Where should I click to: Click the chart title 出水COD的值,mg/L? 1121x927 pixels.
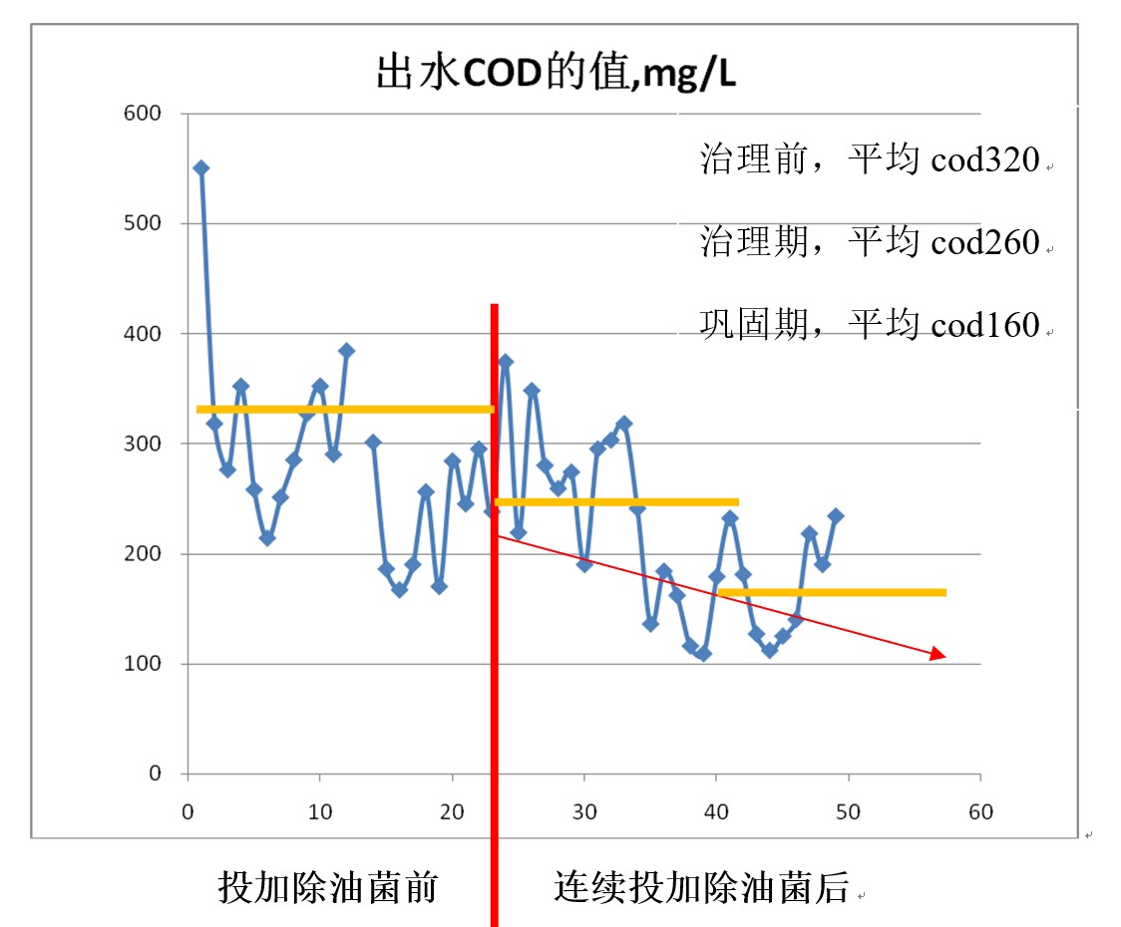click(x=556, y=74)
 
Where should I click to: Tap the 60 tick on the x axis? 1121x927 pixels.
click(x=980, y=811)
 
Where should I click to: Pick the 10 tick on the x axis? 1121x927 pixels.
click(x=319, y=811)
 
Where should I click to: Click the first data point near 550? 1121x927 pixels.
click(x=200, y=167)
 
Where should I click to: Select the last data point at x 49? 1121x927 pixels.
click(x=836, y=515)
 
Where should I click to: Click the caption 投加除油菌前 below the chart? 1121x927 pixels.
click(x=328, y=886)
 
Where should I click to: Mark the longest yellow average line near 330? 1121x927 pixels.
click(x=344, y=409)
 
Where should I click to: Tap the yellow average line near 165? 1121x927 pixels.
click(x=832, y=592)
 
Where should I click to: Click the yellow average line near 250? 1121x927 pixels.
click(x=616, y=501)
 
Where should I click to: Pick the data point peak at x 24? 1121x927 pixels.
click(x=505, y=362)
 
